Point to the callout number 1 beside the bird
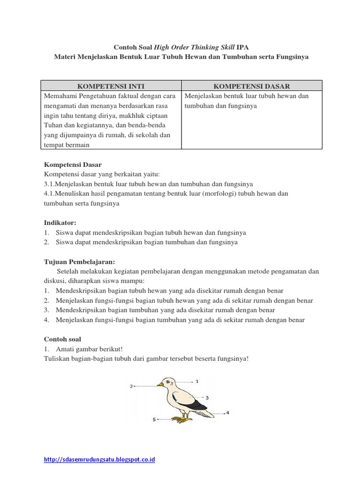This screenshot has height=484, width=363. (197, 380)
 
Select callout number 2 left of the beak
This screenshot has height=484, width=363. (131, 386)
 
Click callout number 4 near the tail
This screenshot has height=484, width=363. (227, 413)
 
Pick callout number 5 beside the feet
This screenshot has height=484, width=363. (154, 419)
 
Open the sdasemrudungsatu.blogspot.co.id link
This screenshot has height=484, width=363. (100, 459)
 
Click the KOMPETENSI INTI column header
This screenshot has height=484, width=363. (111, 86)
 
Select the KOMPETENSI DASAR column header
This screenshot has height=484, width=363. (251, 86)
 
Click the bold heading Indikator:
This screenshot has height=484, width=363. (60, 223)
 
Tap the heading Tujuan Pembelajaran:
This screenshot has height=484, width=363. (79, 262)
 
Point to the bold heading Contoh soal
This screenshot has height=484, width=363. (62, 339)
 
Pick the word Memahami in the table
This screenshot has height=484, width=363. (59, 96)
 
